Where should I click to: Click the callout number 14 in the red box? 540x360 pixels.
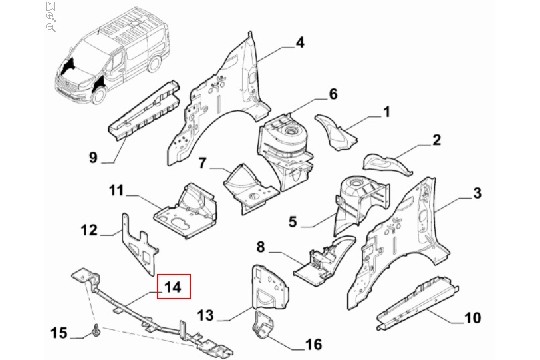pyautogui.click(x=173, y=286)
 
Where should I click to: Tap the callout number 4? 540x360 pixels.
pyautogui.click(x=300, y=43)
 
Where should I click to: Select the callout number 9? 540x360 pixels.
pyautogui.click(x=93, y=158)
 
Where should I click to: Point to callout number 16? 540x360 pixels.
pyautogui.click(x=313, y=344)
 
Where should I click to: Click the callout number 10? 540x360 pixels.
pyautogui.click(x=472, y=318)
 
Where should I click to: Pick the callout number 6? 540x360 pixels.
pyautogui.click(x=333, y=94)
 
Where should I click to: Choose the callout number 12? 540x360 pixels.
pyautogui.click(x=89, y=230)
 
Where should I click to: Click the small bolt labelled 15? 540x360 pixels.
pyautogui.click(x=95, y=330)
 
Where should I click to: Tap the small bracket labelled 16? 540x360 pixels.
pyautogui.click(x=262, y=325)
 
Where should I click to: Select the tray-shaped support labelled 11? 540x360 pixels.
pyautogui.click(x=186, y=214)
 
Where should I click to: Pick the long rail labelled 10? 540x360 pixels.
pyautogui.click(x=417, y=302)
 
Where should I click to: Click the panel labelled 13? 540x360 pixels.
pyautogui.click(x=270, y=287)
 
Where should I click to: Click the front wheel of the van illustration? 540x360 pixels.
pyautogui.click(x=99, y=94)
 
